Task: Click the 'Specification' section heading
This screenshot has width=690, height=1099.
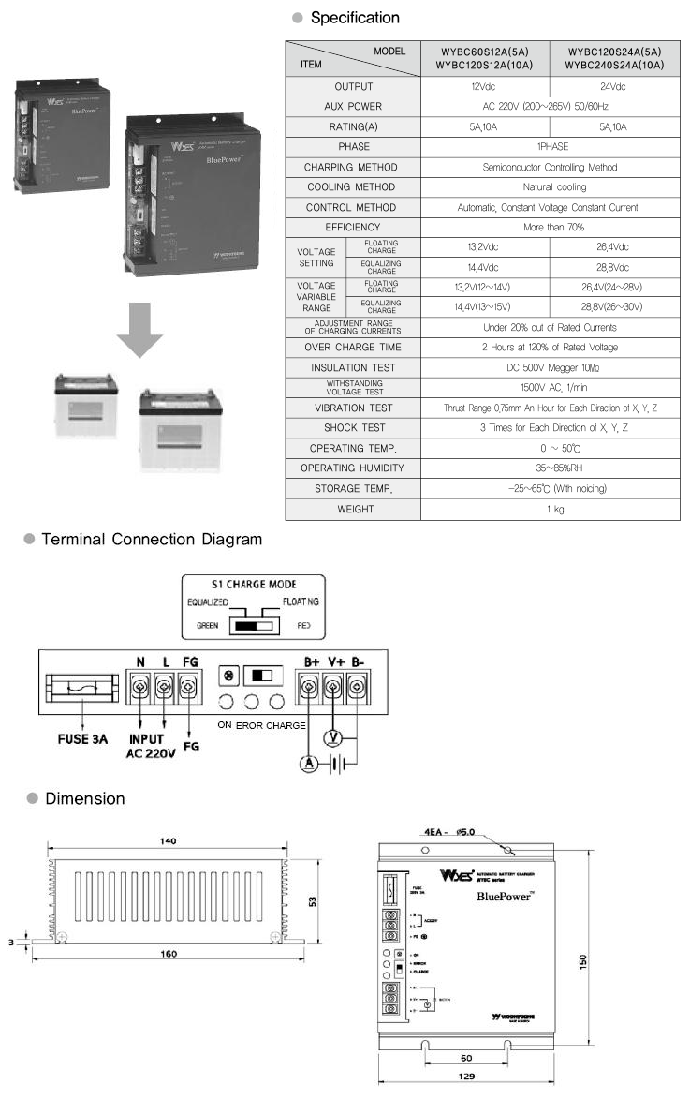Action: (354, 18)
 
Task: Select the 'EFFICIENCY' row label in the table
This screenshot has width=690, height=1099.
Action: (352, 227)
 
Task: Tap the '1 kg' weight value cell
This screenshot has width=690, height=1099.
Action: (549, 509)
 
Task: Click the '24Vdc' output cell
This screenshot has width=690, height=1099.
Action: (614, 86)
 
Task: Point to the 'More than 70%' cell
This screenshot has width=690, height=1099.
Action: (549, 227)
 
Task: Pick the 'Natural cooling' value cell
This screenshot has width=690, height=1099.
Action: (549, 187)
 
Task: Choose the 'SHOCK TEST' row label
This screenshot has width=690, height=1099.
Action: (352, 428)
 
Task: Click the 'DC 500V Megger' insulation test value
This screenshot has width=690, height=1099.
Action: (549, 368)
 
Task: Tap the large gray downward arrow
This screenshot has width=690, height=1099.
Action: (139, 327)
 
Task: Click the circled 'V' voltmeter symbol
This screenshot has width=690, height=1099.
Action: (330, 735)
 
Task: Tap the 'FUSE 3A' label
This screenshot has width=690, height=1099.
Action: (77, 738)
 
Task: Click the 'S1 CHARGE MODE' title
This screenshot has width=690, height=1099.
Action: (254, 584)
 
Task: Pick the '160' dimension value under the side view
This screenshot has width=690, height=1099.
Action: (168, 954)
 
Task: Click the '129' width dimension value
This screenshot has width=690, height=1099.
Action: (467, 1077)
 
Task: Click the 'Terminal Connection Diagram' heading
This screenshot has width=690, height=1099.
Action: (152, 540)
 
